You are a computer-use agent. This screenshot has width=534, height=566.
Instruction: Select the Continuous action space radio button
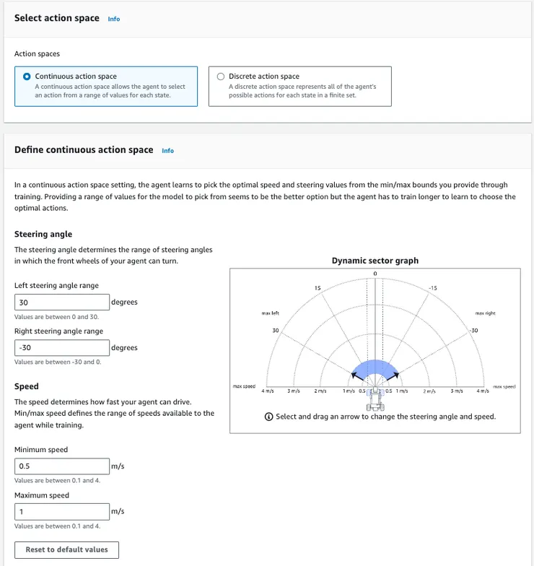coord(27,77)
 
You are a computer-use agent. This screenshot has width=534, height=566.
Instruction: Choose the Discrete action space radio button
coord(221,77)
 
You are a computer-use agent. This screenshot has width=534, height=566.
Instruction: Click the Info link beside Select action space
coord(114,19)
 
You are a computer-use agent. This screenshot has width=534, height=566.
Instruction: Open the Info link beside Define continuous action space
coord(167,151)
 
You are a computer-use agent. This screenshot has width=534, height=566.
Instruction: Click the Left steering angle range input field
coord(62,302)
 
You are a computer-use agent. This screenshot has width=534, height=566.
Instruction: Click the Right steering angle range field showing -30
coord(62,348)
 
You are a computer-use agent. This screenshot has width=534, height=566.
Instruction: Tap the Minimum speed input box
coord(62,466)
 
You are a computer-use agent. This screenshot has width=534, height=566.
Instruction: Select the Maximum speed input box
coord(62,512)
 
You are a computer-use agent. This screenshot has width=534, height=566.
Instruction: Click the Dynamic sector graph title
coord(375,261)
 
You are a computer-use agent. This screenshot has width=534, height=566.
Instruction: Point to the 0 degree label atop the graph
coord(375,273)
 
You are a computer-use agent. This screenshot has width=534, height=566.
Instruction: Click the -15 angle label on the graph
coord(432,288)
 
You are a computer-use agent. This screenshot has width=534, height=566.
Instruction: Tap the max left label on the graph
coord(270,313)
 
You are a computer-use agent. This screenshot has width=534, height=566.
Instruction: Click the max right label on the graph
coord(485,313)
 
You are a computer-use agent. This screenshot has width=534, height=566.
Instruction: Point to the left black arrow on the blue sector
coord(354,375)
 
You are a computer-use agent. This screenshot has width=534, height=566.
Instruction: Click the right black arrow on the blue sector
coord(396,375)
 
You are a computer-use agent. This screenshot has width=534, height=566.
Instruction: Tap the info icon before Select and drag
coord(269,417)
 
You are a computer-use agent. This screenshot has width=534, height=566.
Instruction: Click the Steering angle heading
coord(43,234)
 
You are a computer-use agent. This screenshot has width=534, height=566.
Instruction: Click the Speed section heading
coord(27,386)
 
